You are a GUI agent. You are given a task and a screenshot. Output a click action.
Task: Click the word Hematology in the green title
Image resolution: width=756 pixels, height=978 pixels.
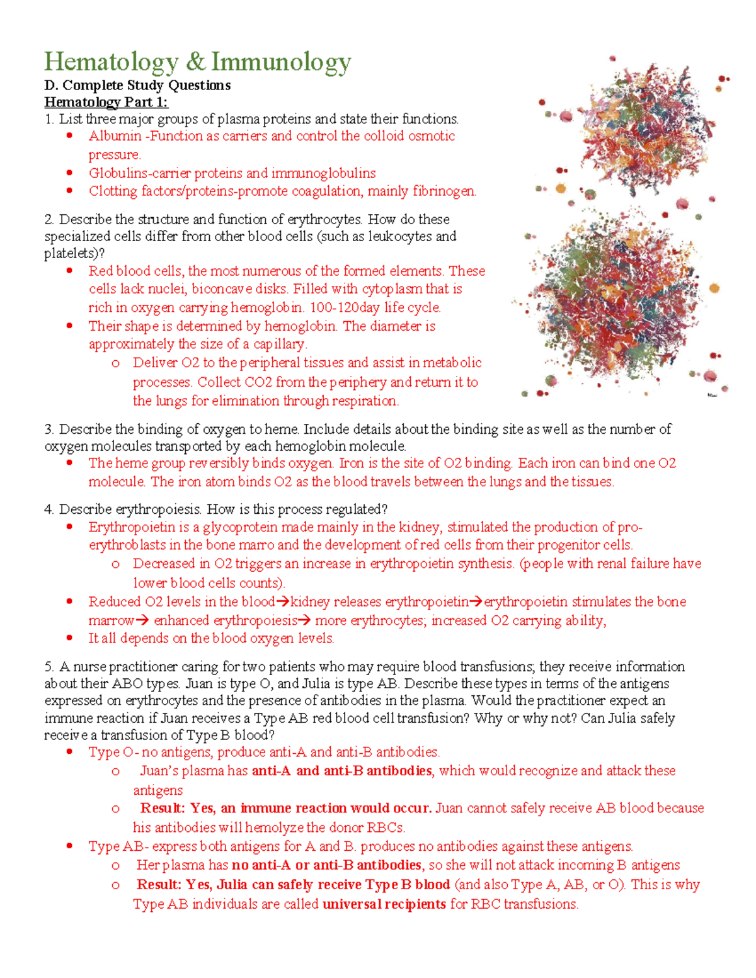click(112, 62)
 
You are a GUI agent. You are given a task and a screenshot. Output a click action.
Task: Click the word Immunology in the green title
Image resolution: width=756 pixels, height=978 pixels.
click(281, 62)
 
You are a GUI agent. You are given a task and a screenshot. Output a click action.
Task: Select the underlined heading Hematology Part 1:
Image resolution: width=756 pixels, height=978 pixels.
click(106, 102)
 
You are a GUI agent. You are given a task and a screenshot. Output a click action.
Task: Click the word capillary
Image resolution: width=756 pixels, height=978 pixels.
click(279, 344)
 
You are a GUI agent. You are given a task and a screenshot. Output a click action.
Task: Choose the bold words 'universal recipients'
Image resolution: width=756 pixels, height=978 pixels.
click(384, 904)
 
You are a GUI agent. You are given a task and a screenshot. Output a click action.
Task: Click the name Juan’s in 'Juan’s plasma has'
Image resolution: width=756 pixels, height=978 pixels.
click(161, 771)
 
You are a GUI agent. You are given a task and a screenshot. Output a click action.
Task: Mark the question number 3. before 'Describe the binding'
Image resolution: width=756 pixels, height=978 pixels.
click(49, 429)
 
